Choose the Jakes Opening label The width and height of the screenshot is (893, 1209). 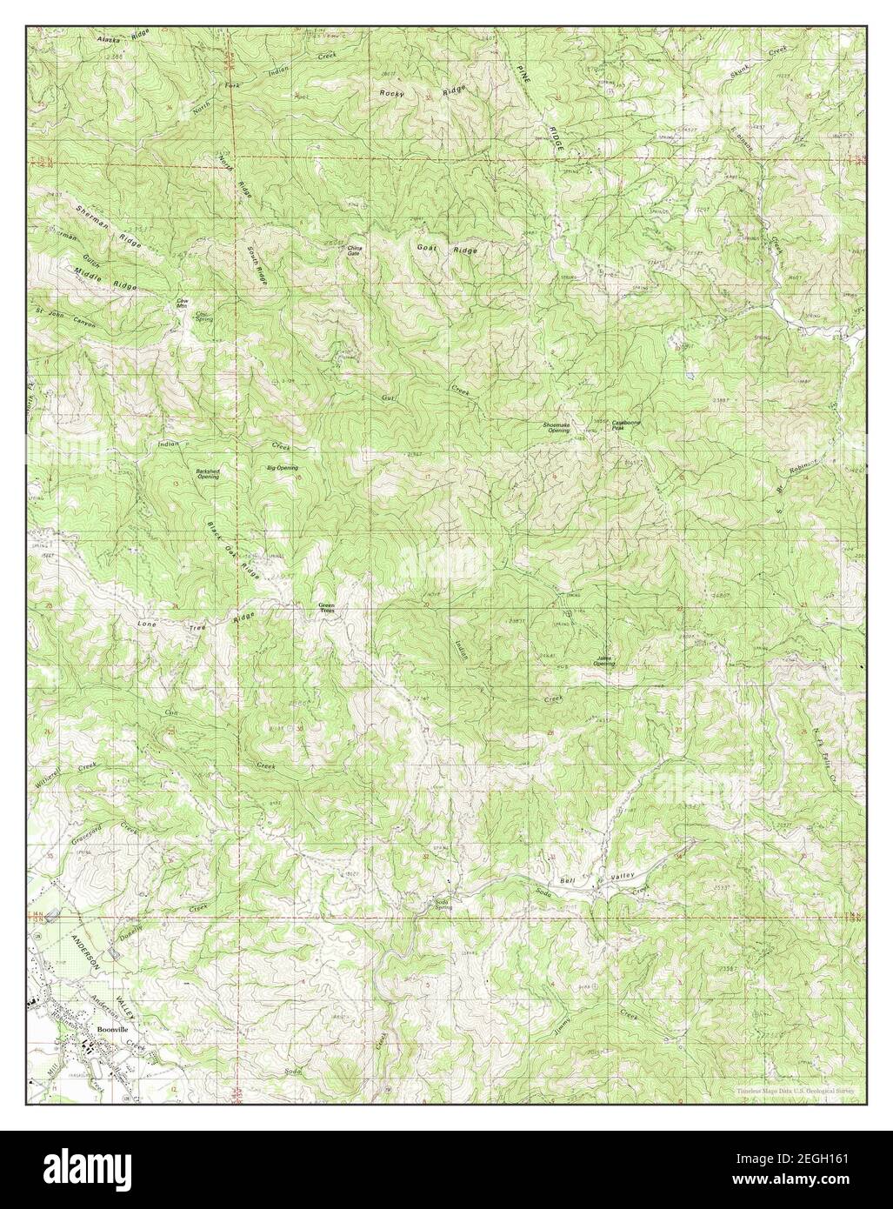click(604, 661)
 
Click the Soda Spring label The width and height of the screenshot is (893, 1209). click(445, 904)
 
